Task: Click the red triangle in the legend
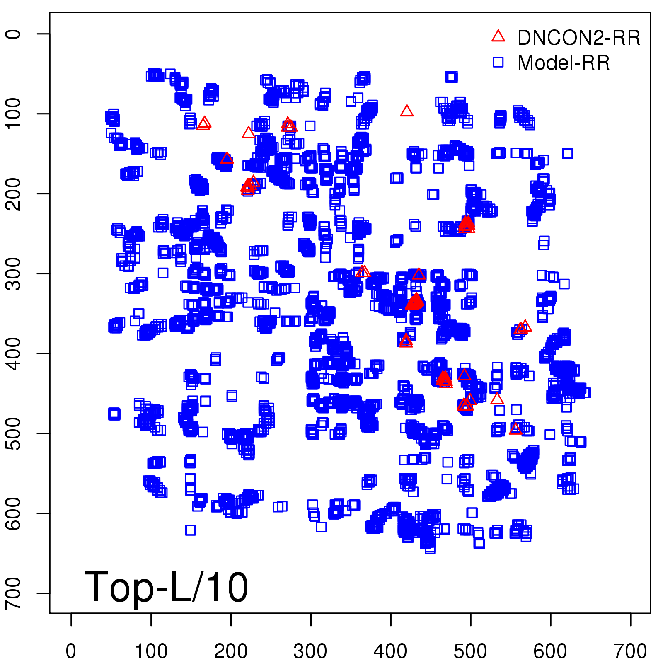498,36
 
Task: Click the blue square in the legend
498,62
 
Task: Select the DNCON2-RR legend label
579,38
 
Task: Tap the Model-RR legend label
564,63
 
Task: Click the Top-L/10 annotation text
166,587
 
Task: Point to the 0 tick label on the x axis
71,651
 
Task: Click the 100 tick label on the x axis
151,651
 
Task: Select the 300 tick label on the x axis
311,651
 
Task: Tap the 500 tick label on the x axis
470,651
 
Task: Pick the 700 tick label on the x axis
630,651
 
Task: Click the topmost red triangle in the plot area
407,111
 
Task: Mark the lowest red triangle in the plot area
515,429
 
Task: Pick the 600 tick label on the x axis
550,651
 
